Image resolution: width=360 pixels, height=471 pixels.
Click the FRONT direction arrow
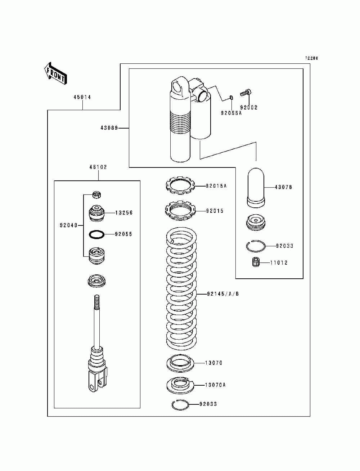[x=55, y=73]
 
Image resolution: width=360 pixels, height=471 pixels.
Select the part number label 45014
[x=82, y=97]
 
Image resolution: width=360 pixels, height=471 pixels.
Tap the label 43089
[x=109, y=128]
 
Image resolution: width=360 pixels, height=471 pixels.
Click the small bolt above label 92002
[x=246, y=93]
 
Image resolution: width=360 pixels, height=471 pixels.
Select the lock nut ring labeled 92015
[x=180, y=210]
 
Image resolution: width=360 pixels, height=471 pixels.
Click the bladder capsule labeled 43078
[x=256, y=188]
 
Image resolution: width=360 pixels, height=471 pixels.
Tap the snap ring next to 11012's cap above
[x=256, y=246]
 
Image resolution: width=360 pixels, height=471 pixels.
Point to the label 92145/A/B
[x=223, y=294]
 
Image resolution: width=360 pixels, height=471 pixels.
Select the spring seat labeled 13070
[x=180, y=363]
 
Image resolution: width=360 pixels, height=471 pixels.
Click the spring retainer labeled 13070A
[x=180, y=385]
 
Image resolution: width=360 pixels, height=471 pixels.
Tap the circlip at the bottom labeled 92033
[x=180, y=405]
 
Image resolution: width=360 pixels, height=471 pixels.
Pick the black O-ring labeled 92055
[x=97, y=234]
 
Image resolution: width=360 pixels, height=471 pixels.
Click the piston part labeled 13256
[x=96, y=213]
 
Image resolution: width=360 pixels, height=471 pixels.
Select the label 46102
[x=98, y=167]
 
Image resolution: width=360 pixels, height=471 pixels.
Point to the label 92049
[x=69, y=225]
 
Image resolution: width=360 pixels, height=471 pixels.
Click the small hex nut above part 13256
[x=96, y=194]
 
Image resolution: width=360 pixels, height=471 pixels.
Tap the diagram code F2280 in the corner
[x=312, y=58]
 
